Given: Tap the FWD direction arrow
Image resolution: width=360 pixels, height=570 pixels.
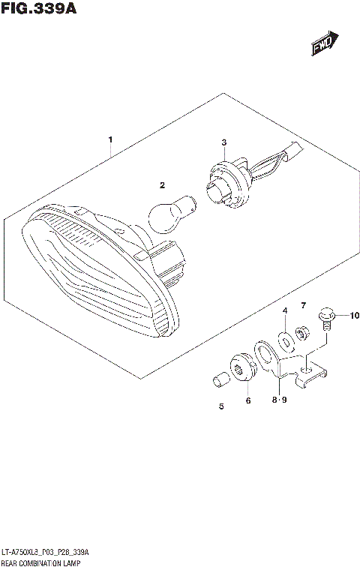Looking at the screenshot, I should [x=324, y=44].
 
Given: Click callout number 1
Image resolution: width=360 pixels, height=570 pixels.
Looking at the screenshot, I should [x=110, y=140].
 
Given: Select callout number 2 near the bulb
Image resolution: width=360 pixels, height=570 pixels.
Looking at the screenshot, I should [x=160, y=184].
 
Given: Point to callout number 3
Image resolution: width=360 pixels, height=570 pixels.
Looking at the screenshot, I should [x=223, y=142].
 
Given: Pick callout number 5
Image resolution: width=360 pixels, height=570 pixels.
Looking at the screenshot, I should [x=221, y=407].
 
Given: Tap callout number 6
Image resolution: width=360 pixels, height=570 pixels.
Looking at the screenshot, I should [x=248, y=401].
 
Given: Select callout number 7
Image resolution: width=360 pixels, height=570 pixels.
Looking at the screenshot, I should [x=304, y=305].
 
